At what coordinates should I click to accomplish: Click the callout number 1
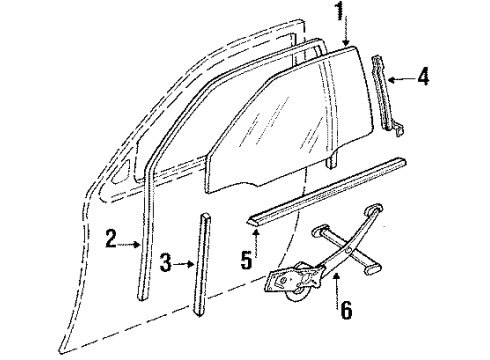click(x=340, y=13)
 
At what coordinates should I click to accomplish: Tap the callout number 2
click(x=112, y=238)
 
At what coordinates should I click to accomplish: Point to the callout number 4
click(x=423, y=74)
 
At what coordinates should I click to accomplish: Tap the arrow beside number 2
click(x=136, y=240)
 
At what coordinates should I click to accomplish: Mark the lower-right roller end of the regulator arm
click(x=374, y=269)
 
